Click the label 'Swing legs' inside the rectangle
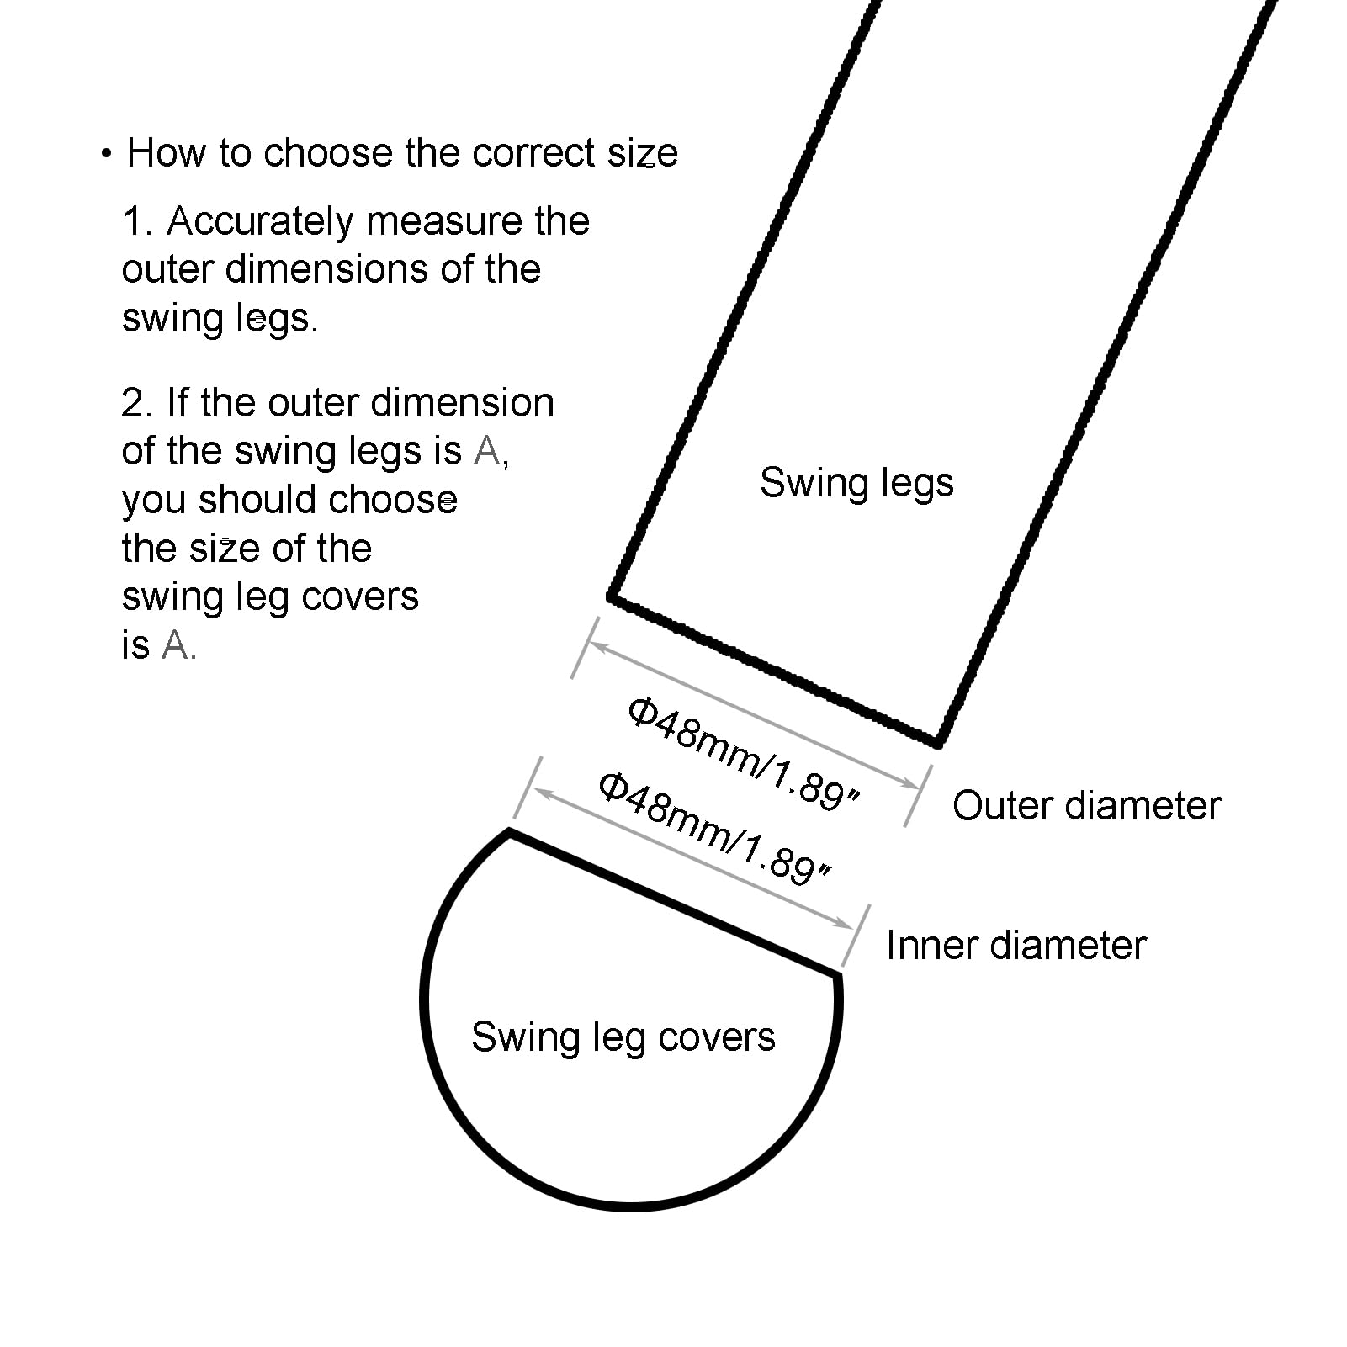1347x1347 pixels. (856, 484)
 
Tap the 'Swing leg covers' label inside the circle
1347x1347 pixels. (623, 1037)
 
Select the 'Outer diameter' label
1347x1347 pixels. (1086, 806)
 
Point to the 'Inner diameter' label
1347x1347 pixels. (1016, 946)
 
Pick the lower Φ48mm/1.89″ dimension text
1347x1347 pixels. (715, 827)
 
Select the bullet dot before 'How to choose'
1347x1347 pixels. (106, 154)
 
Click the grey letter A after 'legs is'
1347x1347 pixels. (487, 452)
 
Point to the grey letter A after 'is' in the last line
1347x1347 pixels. (176, 646)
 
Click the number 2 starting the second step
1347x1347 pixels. (133, 404)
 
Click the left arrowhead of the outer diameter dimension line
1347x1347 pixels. (597, 646)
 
